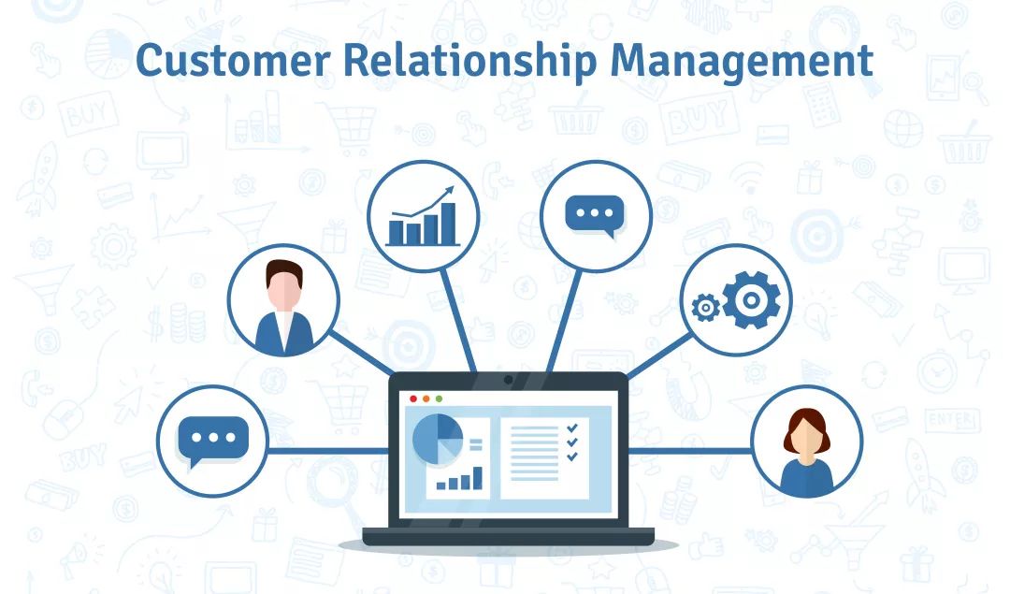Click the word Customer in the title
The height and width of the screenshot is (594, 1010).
(x=233, y=60)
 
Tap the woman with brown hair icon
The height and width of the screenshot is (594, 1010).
(x=806, y=452)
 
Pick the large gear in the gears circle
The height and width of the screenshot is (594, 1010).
(x=751, y=299)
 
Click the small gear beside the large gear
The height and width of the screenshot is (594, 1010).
(x=705, y=308)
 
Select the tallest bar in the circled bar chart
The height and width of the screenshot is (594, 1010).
(x=448, y=224)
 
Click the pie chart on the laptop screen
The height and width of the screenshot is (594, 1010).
(x=438, y=439)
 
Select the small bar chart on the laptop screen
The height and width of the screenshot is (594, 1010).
(x=459, y=479)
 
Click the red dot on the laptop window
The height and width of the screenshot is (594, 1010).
(x=413, y=399)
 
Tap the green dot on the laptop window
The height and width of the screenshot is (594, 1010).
(x=440, y=399)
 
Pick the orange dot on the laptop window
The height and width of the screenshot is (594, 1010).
(x=426, y=399)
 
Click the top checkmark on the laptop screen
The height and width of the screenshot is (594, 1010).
(x=572, y=427)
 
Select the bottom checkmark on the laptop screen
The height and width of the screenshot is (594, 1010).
(x=572, y=456)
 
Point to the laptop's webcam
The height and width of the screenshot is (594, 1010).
(x=508, y=380)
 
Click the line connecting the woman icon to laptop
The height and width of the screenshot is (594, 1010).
(x=689, y=451)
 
